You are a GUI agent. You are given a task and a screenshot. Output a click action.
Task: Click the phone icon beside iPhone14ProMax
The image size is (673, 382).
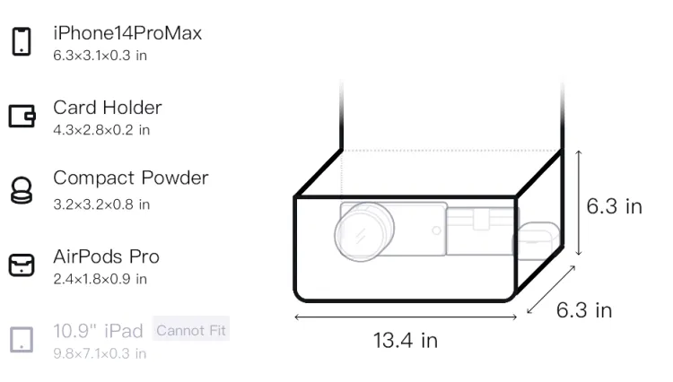pyautogui.click(x=22, y=41)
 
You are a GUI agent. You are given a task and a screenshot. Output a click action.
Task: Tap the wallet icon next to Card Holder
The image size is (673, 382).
pyautogui.click(x=22, y=116)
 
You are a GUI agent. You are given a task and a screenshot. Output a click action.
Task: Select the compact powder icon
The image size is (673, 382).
pyautogui.click(x=22, y=190)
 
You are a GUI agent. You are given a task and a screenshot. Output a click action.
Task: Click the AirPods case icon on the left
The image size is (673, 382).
pyautogui.click(x=22, y=265)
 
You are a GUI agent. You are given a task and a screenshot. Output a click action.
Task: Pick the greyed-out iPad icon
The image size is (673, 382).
pyautogui.click(x=22, y=340)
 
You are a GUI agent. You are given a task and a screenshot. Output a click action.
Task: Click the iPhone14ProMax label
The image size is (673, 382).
pyautogui.click(x=127, y=33)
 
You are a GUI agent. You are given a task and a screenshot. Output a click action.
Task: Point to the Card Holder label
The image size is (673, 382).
pyautogui.click(x=108, y=108)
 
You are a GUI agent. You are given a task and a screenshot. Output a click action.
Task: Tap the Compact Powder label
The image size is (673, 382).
pyautogui.click(x=131, y=178)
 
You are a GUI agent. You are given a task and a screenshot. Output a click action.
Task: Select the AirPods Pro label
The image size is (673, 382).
pyautogui.click(x=107, y=256)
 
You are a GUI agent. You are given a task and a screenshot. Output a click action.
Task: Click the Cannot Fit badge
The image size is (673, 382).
pyautogui.click(x=191, y=330)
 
